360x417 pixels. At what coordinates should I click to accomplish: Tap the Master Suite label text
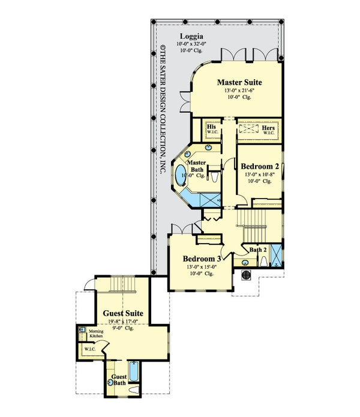tap(239, 82)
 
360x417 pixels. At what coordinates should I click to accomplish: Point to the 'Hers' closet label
tap(268, 128)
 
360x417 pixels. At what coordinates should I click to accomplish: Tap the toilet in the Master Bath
tap(215, 178)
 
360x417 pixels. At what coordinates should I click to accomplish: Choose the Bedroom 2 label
tap(259, 166)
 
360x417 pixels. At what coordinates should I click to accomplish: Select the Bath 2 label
tap(258, 249)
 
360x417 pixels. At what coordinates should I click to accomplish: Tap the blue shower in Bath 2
tap(277, 255)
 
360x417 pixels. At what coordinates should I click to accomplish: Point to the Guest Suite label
tap(122, 313)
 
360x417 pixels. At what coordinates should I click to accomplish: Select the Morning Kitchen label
tap(96, 333)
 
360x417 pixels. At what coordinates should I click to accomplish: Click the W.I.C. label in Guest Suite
tap(90, 349)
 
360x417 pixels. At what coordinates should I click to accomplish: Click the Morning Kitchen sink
tap(82, 330)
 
